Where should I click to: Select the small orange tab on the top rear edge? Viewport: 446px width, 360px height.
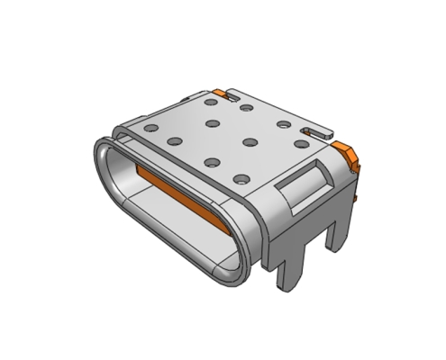[x=220, y=93]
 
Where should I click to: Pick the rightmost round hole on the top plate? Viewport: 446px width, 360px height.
[x=300, y=142]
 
